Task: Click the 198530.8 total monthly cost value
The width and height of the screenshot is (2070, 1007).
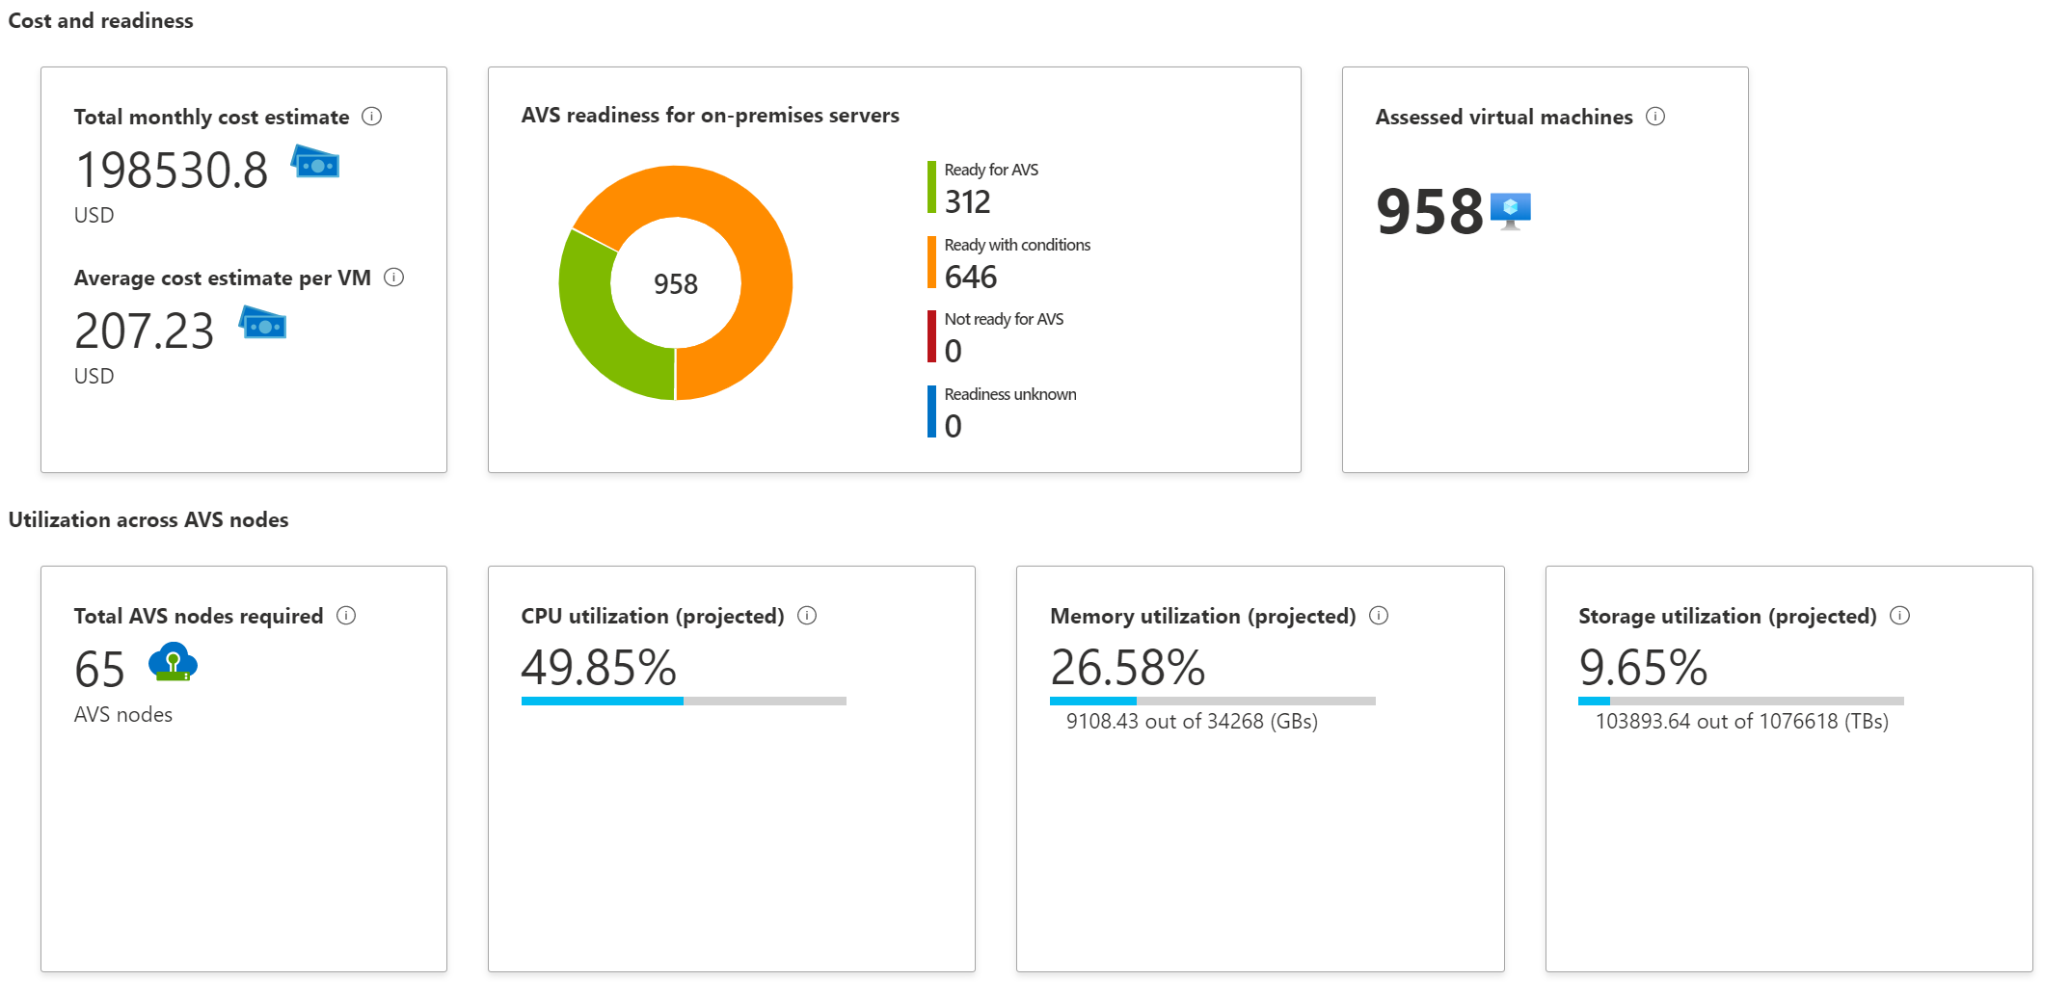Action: point(172,171)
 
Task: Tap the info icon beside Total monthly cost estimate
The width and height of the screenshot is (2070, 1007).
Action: point(371,117)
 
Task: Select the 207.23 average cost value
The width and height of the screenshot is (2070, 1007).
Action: point(144,331)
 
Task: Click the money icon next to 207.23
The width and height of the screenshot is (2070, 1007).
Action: point(263,324)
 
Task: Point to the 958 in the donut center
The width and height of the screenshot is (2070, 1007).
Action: point(675,284)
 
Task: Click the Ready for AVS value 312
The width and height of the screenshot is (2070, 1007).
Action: point(967,202)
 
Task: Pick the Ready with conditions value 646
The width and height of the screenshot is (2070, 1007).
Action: point(970,278)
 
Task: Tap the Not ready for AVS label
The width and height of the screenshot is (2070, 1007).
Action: point(1004,319)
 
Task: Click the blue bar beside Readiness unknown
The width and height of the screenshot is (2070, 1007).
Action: point(931,411)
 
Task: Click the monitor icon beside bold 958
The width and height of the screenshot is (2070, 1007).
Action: point(1510,210)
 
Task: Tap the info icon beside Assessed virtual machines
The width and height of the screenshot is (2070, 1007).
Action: point(1655,117)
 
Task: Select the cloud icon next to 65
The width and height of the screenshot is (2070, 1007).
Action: point(173,663)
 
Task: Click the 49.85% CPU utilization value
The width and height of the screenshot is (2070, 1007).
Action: point(599,667)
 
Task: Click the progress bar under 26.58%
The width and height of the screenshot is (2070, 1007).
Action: point(1212,701)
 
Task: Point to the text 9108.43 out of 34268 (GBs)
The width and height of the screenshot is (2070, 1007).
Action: point(1192,721)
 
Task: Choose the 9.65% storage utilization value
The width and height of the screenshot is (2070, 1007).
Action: point(1643,667)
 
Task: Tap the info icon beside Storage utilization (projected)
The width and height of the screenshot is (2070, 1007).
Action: point(1899,616)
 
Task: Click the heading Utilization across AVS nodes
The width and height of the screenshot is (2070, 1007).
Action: point(148,519)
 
